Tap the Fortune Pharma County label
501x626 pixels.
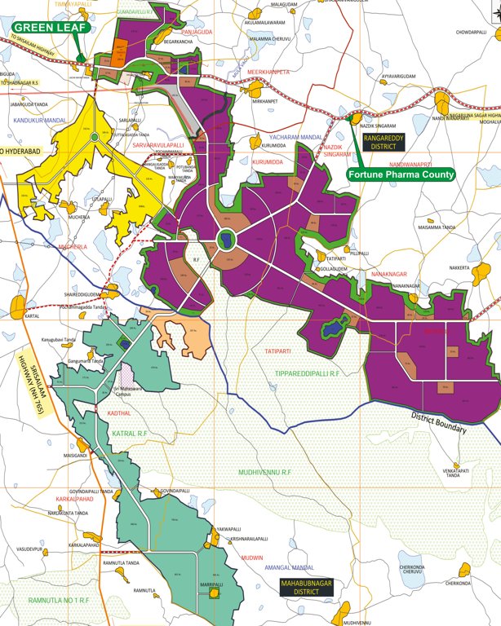pos(400,173)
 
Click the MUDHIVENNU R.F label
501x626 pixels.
pos(265,472)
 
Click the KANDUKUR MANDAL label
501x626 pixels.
pos(40,120)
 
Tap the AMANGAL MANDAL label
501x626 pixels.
pos(291,567)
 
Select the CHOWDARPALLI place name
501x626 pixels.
pos(472,32)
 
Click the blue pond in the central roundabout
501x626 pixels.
pos(224,240)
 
